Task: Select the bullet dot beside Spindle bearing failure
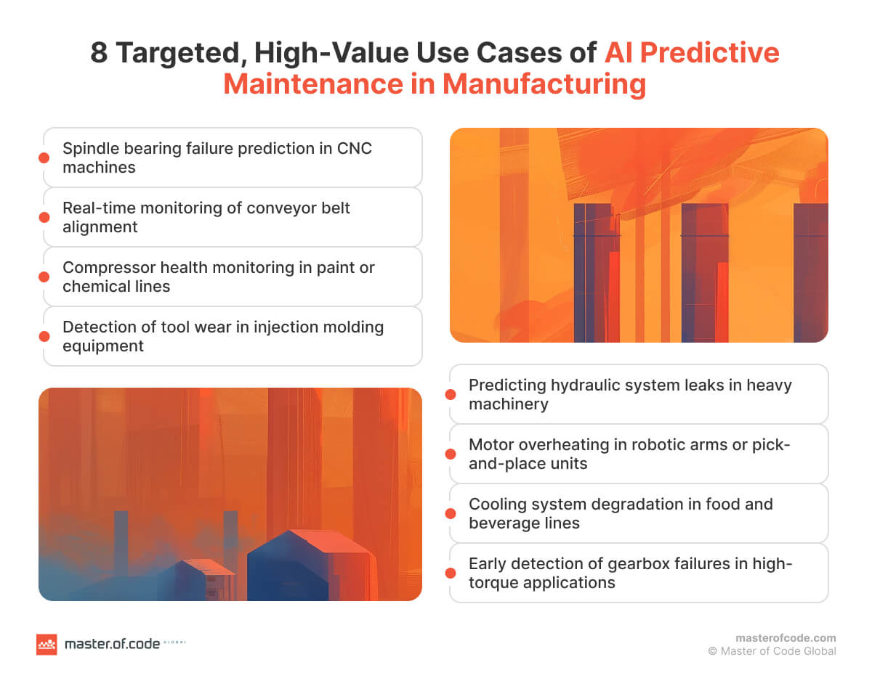44,158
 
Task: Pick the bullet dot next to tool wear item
44,336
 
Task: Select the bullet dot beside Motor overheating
451,454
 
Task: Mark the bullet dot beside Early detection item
451,573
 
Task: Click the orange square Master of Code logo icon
47,644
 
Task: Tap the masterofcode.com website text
786,638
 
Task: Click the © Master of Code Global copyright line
772,651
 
